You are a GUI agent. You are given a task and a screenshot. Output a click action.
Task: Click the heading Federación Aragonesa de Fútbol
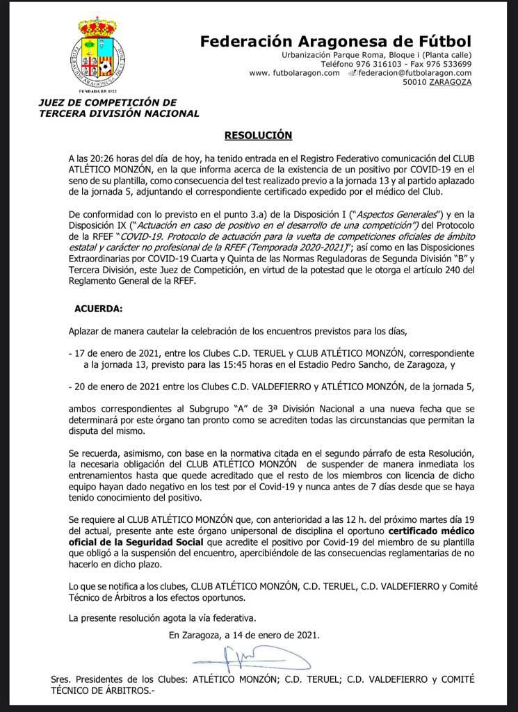click(336, 41)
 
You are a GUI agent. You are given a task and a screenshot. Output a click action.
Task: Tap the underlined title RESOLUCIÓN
click(258, 135)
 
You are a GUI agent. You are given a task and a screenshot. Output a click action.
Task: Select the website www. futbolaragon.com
click(294, 73)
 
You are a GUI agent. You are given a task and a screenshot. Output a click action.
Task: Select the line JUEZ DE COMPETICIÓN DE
click(108, 102)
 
